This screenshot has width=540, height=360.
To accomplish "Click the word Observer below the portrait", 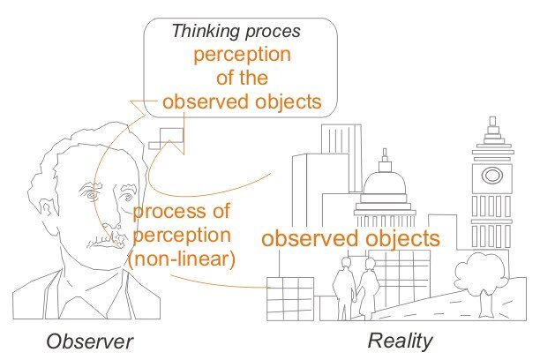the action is pos(89,341).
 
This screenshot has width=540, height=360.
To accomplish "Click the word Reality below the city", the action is pos(401,341).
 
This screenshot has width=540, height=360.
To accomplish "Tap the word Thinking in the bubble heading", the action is pos(206,32).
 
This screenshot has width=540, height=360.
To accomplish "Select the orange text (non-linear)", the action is pos(182,259).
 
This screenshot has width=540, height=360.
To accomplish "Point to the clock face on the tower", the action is pos(491,176).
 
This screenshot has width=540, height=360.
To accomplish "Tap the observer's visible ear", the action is pos(47,213).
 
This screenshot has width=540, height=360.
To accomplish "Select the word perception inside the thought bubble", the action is pos(242,55).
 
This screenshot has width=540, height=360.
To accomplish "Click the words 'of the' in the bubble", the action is pos(242,78).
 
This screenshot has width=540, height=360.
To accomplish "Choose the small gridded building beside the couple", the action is pos(290,299).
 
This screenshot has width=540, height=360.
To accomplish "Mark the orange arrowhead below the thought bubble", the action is pos(175,146).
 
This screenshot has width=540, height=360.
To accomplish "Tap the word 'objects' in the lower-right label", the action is pos(402,238).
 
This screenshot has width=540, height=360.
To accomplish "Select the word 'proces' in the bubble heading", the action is pos(273,33).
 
